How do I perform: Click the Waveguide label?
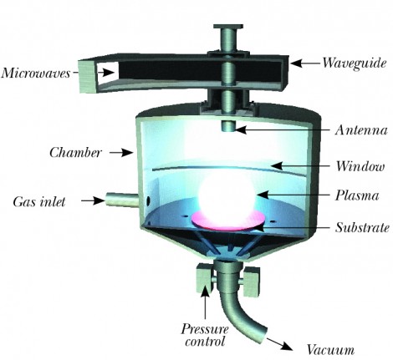[355, 63]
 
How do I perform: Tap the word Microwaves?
[36, 74]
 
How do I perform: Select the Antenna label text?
[361, 130]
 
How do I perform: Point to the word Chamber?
[75, 153]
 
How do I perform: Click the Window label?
[360, 166]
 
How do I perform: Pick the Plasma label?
[357, 195]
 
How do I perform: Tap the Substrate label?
[362, 227]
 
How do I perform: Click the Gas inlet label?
[39, 201]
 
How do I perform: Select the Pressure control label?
[205, 335]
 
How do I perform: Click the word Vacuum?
[330, 350]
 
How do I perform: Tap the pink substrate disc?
[228, 221]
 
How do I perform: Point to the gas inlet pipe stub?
[121, 200]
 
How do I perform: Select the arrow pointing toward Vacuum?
[279, 343]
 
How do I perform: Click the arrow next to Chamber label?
[120, 153]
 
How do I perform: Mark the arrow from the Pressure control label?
[205, 303]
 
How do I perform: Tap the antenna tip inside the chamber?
[228, 126]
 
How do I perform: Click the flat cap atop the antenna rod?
[228, 27]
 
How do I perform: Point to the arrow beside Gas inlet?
[93, 200]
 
